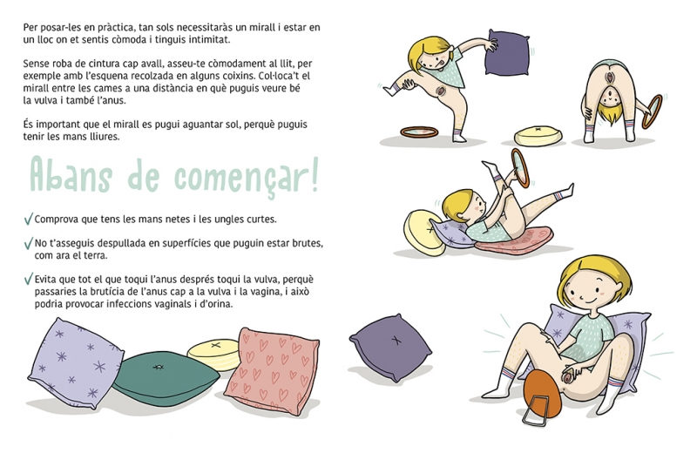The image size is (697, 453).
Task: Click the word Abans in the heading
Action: [71, 176]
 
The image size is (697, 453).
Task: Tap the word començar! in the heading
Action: [247, 178]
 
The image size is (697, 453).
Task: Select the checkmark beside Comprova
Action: [29, 219]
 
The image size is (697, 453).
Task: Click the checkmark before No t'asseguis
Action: [29, 243]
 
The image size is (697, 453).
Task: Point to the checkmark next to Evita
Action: [29, 279]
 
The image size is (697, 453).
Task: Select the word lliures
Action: [102, 137]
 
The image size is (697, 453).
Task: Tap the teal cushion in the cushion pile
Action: [165, 378]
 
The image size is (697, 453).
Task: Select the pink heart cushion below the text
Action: [272, 371]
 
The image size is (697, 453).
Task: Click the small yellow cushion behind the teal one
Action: [213, 354]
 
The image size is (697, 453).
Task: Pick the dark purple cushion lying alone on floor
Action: [390, 348]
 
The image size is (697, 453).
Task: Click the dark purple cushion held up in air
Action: [507, 52]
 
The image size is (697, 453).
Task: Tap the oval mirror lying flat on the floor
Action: [419, 132]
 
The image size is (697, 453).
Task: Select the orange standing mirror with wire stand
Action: [541, 395]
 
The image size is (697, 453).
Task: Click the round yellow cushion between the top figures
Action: [538, 136]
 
